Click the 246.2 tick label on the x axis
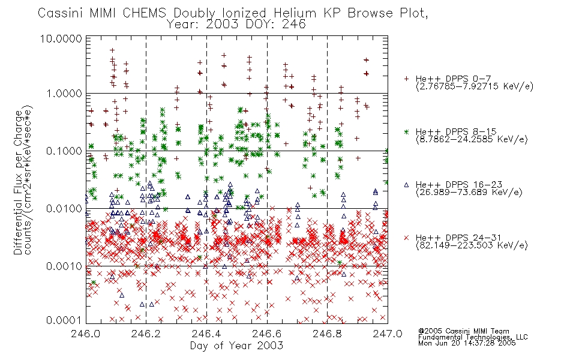pos(146,334)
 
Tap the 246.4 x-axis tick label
pos(206,334)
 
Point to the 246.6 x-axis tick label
pos(267,334)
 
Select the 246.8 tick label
pos(327,334)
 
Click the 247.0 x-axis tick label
pos(388,334)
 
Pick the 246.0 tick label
pos(86,334)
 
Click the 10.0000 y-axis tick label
pos(61,38)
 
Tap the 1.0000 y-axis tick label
pos(64,94)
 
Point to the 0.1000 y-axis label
pos(64,151)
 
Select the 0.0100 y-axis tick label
pos(64,209)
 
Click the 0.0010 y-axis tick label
pos(64,266)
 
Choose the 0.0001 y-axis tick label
pos(64,320)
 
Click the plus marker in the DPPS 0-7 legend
pos(406,79)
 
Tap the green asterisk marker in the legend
pos(406,131)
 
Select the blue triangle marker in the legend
pos(406,185)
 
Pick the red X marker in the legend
pos(406,238)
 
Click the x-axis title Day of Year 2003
pos(236,346)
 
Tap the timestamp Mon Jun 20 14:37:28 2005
pos(467,343)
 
